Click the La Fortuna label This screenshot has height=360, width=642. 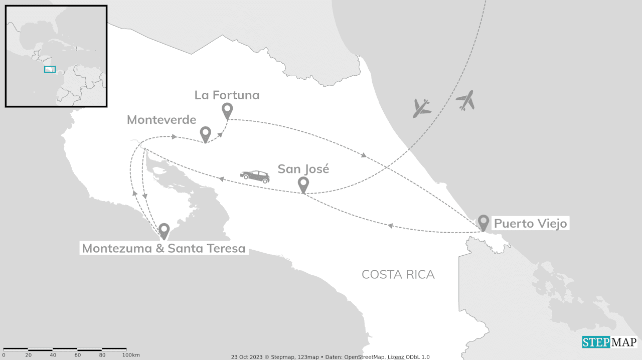click(x=227, y=95)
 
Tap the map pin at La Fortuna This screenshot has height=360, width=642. click(x=227, y=110)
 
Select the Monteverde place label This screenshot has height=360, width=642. click(x=161, y=120)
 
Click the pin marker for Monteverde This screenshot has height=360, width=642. click(x=205, y=134)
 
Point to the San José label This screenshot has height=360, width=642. click(x=303, y=169)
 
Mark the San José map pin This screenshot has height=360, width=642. click(x=303, y=184)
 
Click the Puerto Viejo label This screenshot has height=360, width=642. click(x=531, y=223)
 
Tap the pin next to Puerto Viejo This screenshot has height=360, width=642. click(x=484, y=222)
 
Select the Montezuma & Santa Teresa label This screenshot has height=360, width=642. click(x=164, y=248)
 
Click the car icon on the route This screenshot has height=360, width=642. click(x=255, y=176)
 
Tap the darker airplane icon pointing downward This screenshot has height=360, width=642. click(x=422, y=108)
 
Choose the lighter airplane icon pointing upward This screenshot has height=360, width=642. click(x=466, y=100)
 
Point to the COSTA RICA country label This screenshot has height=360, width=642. click(x=398, y=274)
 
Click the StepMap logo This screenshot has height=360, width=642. click(x=609, y=342)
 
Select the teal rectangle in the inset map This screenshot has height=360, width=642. click(x=50, y=69)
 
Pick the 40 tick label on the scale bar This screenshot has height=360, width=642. click(x=53, y=355)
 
